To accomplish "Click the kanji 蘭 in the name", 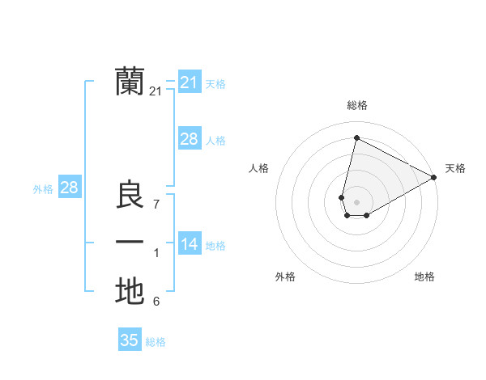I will [130, 82].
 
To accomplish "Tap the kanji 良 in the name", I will [130, 195].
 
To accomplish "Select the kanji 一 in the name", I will [130, 243].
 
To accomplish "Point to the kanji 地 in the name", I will [130, 292].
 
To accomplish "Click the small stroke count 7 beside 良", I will [156, 205].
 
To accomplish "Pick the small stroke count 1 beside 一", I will [156, 254].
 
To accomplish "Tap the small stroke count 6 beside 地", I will [156, 302].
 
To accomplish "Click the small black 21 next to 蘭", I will [156, 92].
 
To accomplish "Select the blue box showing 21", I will [189, 82].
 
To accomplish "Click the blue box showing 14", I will [189, 244].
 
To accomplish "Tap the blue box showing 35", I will [130, 340].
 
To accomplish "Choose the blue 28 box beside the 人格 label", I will [189, 139].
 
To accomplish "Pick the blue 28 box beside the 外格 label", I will [69, 188].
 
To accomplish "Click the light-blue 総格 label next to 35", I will [156, 342].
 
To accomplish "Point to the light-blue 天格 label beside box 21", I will [215, 83].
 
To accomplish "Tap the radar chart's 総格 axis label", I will [356, 105].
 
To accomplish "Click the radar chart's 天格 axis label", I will [455, 168].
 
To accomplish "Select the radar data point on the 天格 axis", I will [434, 176].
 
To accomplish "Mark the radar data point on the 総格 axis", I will [356, 137].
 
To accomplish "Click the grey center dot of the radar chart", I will [356, 201].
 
